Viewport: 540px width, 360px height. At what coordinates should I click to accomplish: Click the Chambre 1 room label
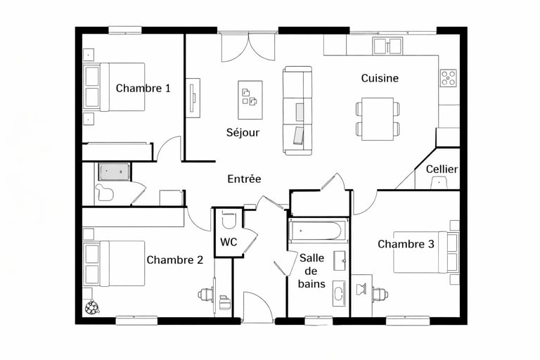point(143,88)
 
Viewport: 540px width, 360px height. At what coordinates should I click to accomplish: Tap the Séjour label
point(243,133)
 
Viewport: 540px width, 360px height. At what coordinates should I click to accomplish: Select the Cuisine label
point(380,78)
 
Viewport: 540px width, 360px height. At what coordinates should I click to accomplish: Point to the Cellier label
point(442,169)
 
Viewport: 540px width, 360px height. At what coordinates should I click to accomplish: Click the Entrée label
point(244,179)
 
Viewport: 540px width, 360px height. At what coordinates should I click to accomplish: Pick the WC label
point(229,242)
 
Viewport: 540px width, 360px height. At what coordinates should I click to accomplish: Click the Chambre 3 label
point(406,244)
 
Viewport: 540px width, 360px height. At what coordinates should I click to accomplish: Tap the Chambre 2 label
point(175,259)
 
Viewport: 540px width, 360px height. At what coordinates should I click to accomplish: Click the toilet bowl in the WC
point(229,221)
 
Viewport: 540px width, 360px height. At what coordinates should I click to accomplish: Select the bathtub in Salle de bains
point(317,230)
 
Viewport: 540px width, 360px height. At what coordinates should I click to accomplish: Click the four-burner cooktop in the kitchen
point(449,78)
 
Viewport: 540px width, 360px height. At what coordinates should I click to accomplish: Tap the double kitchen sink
point(388,46)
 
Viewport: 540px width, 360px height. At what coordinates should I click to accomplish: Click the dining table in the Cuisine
point(378,120)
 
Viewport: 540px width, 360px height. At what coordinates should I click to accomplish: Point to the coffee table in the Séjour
point(250,100)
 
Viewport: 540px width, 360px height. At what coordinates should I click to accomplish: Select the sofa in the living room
point(297,110)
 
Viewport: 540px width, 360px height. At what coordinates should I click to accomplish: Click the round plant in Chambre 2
point(92,307)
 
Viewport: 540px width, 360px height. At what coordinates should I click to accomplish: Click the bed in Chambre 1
point(114,86)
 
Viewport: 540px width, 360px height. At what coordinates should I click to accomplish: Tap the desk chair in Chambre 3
point(380,295)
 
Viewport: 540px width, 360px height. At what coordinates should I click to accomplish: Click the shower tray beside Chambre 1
point(115,172)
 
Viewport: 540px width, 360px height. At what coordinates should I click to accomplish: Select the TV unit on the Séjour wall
point(193,98)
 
